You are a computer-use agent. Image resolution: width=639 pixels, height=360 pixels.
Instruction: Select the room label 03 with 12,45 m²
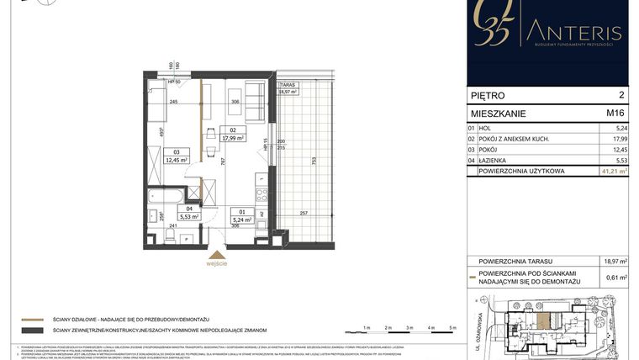point(176,155)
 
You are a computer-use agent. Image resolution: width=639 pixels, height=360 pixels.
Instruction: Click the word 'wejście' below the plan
point(216,264)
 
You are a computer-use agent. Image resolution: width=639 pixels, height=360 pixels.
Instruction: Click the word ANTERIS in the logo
point(573,34)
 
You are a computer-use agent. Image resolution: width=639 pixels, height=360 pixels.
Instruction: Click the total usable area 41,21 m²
point(613,171)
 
